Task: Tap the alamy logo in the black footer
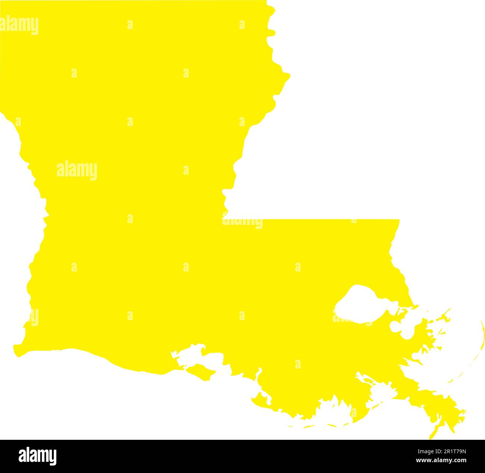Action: point(37,456)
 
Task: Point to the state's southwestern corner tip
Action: point(17,353)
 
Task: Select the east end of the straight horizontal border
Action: point(399,219)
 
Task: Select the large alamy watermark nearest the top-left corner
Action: point(19,25)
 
